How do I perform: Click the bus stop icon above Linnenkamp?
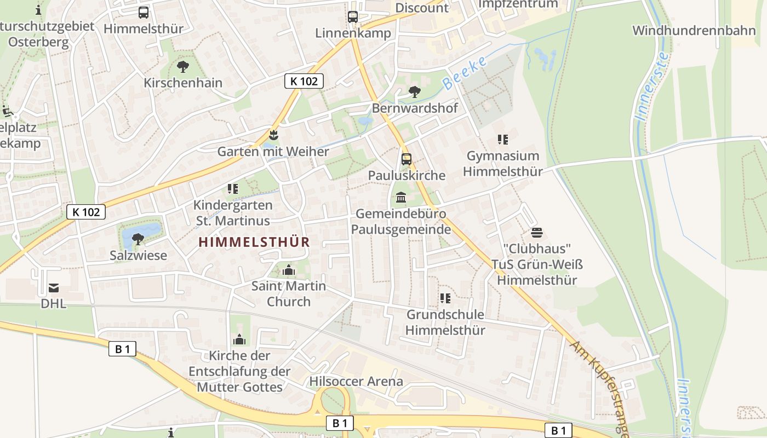(353, 17)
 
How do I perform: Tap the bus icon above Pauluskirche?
(406, 159)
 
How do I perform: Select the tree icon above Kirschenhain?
(182, 67)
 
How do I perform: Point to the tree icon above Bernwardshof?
(415, 92)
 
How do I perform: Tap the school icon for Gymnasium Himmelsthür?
(502, 140)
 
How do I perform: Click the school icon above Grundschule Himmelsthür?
(445, 298)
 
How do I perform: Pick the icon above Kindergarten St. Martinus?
(233, 189)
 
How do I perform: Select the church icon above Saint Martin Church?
(288, 270)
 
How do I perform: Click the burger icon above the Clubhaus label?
(536, 233)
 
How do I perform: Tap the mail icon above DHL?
(54, 287)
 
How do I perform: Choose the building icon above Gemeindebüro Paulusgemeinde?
(401, 197)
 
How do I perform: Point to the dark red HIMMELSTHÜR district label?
(254, 242)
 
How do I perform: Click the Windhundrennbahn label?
(694, 30)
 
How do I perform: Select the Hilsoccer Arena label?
(356, 381)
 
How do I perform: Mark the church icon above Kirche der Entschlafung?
(239, 340)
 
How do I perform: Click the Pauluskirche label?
(407, 176)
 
